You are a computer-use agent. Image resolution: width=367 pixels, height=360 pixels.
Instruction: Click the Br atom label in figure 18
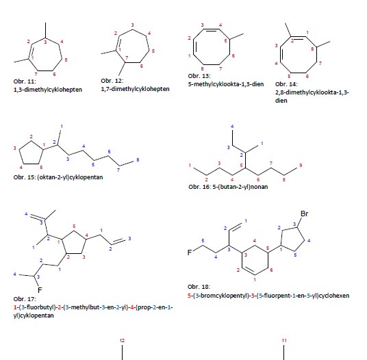(304, 214)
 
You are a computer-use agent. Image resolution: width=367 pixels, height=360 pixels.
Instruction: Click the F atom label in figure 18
(190, 253)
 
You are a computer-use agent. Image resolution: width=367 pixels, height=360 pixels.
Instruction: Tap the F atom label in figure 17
(40, 290)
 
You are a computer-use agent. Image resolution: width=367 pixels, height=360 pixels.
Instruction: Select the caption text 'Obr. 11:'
(25, 81)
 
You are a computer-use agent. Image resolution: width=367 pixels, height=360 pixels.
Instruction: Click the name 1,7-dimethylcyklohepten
(135, 89)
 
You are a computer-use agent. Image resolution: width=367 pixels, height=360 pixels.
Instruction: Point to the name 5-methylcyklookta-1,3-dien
(226, 84)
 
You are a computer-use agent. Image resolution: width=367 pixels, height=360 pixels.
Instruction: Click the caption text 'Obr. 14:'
(286, 84)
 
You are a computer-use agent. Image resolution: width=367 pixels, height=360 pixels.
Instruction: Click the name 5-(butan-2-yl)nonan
(240, 187)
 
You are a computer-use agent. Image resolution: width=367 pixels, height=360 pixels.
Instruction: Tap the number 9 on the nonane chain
(301, 166)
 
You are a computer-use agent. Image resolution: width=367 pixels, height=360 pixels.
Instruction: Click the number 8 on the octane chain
(138, 159)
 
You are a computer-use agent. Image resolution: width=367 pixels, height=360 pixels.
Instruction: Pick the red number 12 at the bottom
(122, 341)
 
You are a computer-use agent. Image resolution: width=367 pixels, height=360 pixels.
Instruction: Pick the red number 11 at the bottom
(284, 341)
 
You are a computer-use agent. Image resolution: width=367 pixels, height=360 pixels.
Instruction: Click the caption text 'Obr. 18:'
(199, 287)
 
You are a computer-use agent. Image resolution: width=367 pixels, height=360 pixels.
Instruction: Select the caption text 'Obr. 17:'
(25, 299)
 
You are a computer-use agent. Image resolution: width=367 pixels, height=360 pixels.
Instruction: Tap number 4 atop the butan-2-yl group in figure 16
(232, 127)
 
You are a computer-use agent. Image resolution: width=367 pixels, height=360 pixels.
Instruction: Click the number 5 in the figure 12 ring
(153, 51)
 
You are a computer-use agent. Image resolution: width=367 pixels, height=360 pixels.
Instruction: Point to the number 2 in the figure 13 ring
(190, 38)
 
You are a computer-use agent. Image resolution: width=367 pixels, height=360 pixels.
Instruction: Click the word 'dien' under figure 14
(281, 101)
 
